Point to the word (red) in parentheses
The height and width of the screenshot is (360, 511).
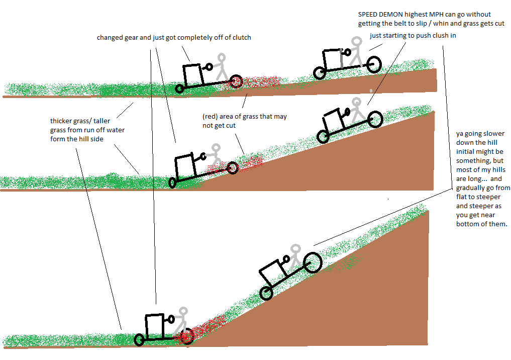tap(210, 117)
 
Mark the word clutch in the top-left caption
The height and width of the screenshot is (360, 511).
tap(242, 38)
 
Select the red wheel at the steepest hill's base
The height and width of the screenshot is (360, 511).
tap(187, 336)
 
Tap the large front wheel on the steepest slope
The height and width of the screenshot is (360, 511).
tap(313, 262)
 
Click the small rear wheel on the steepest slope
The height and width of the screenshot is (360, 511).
tap(266, 294)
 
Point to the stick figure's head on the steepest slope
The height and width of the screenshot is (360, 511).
tap(295, 249)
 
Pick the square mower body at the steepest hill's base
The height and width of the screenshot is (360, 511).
tap(154, 327)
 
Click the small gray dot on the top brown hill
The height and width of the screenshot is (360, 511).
tap(371, 91)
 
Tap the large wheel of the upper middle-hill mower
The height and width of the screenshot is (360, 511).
tap(375, 119)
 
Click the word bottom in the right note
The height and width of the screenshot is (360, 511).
tap(467, 224)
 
